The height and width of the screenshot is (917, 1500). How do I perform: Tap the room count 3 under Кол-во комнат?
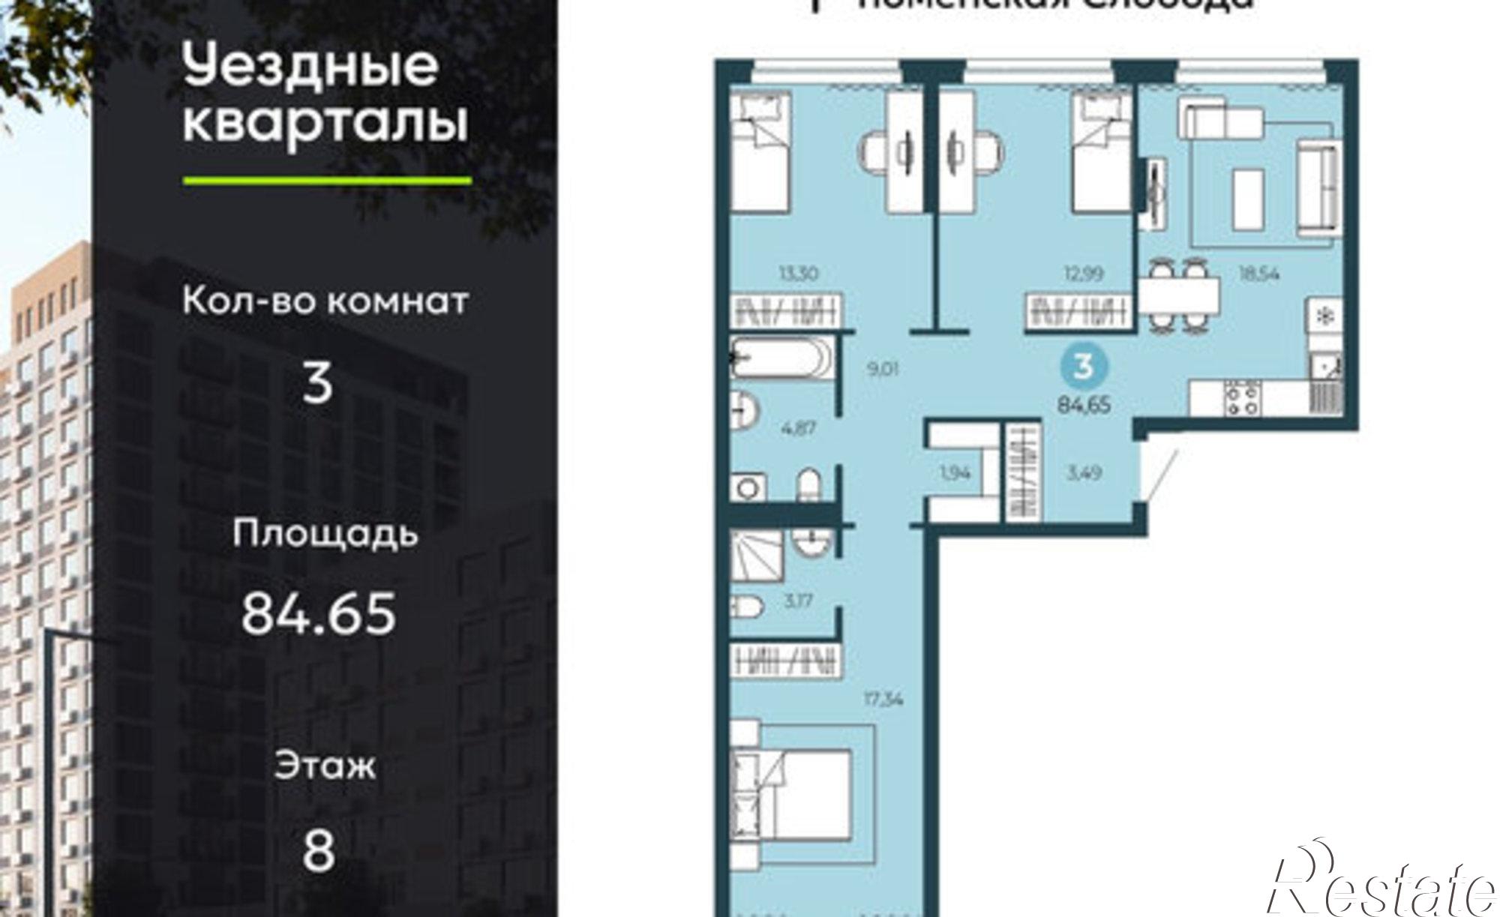pyautogui.click(x=317, y=382)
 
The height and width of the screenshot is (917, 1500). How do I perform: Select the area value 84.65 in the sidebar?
pyautogui.click(x=318, y=613)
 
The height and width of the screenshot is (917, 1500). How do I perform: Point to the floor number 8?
pyautogui.click(x=318, y=850)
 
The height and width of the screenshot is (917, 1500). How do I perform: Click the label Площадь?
pyautogui.click(x=325, y=534)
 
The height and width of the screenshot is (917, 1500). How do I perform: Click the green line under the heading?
pyautogui.click(x=327, y=181)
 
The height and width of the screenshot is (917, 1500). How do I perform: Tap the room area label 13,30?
pyautogui.click(x=798, y=274)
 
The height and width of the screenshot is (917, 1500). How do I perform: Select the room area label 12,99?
pyautogui.click(x=1084, y=274)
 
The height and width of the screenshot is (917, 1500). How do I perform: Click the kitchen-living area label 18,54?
pyautogui.click(x=1258, y=274)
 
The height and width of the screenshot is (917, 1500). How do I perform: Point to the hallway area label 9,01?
pyautogui.click(x=882, y=369)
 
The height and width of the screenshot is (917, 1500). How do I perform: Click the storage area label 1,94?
pyautogui.click(x=954, y=473)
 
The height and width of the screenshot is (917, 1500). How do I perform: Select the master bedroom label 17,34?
pyautogui.click(x=882, y=700)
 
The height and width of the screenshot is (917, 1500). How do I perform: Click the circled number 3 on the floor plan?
pyautogui.click(x=1082, y=367)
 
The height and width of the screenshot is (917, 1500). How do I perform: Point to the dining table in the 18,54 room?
pyautogui.click(x=1178, y=297)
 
